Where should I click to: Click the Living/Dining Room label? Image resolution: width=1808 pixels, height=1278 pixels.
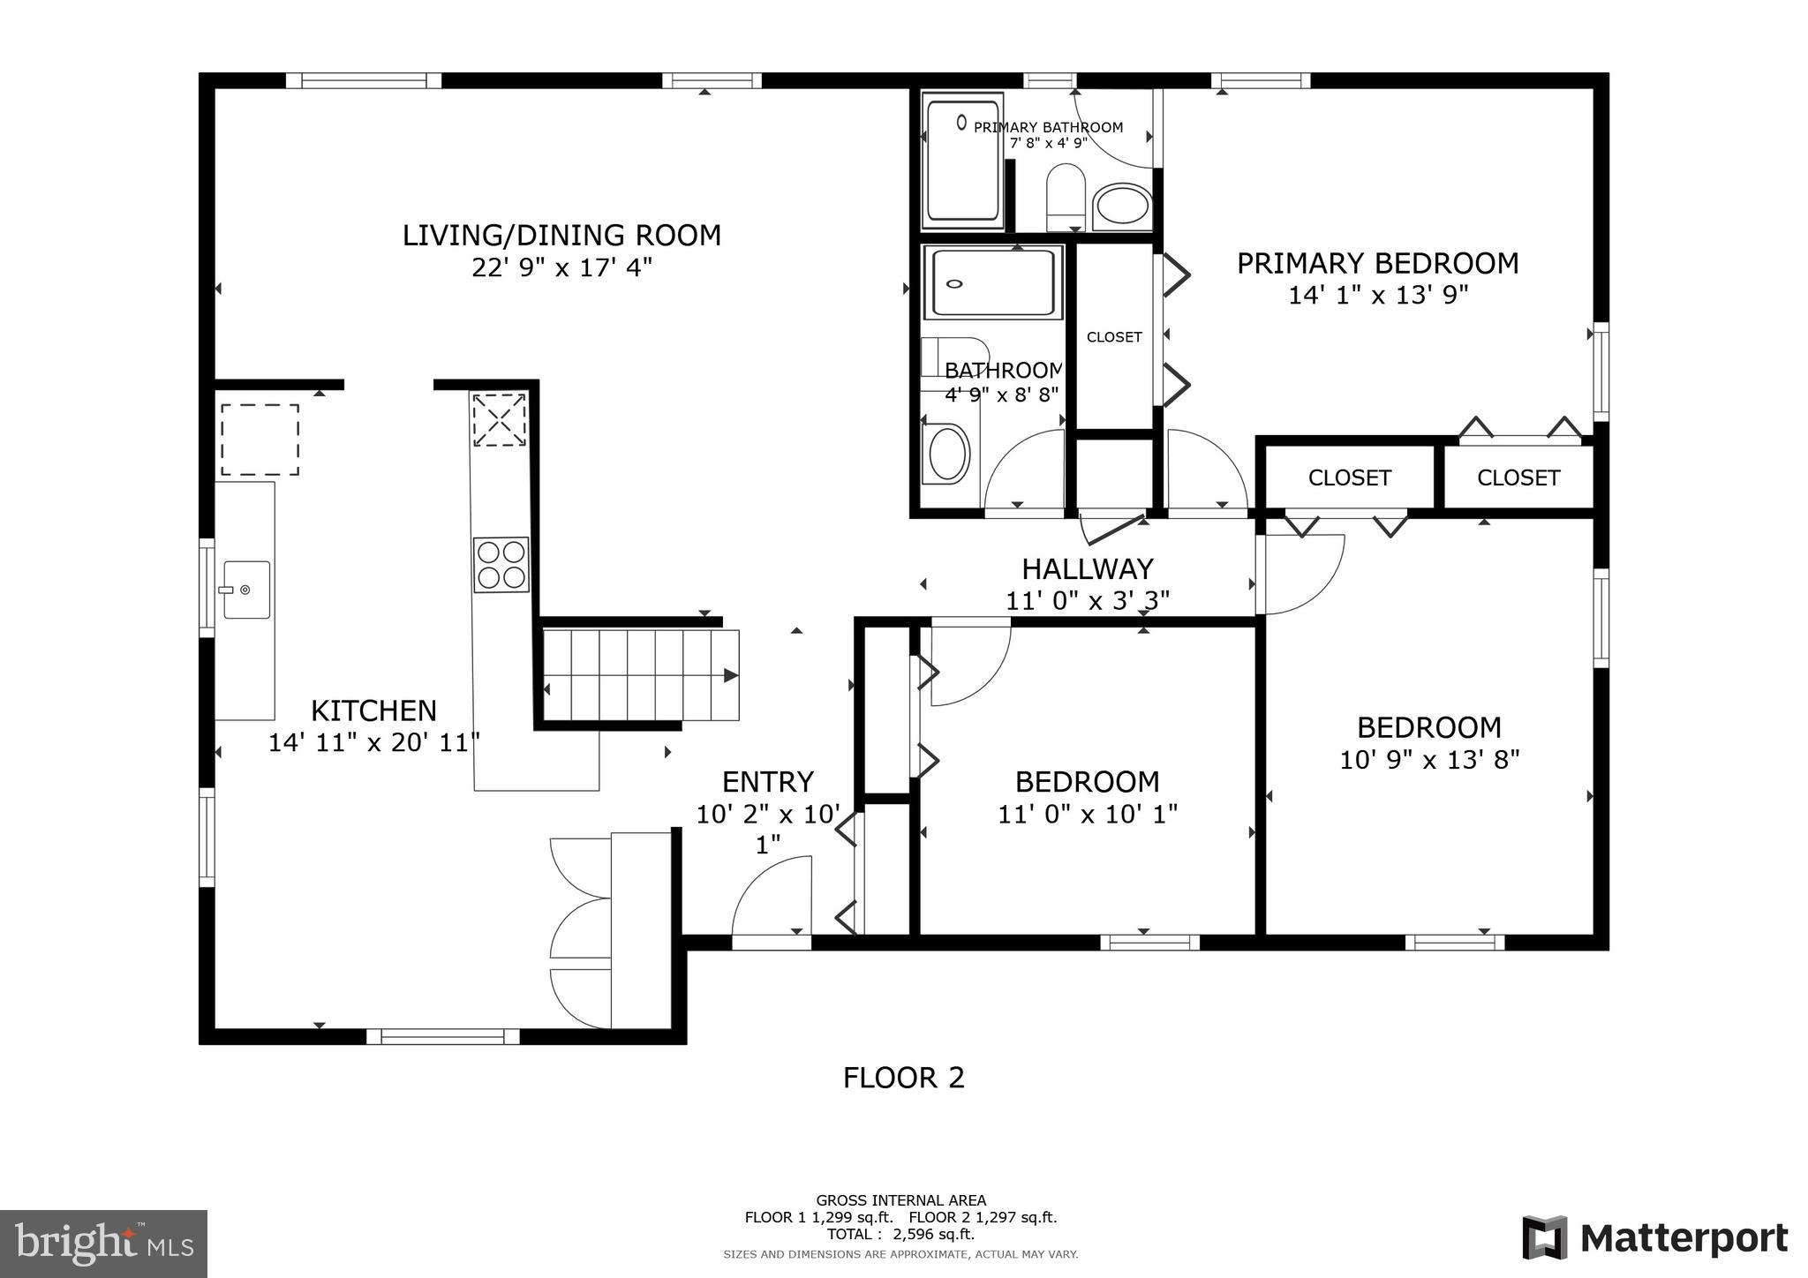[561, 236]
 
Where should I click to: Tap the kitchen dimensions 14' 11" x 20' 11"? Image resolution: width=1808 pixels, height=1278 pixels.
[373, 743]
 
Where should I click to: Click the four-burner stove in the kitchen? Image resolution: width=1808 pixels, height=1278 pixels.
[501, 565]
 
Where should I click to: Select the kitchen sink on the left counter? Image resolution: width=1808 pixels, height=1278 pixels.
[246, 589]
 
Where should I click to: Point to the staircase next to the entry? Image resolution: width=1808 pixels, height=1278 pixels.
[639, 675]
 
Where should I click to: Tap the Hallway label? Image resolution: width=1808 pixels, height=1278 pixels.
[1087, 568]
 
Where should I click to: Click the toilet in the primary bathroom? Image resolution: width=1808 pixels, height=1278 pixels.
[1066, 196]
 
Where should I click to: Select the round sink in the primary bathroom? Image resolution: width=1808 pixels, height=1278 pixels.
[1122, 207]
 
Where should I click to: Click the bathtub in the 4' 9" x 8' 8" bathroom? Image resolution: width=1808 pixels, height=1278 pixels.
[993, 283]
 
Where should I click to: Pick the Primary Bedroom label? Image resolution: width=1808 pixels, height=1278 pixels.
[1377, 263]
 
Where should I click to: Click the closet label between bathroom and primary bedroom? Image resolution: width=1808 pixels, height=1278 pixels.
[1114, 337]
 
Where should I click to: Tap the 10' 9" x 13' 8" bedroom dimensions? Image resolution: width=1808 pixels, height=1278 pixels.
[1429, 760]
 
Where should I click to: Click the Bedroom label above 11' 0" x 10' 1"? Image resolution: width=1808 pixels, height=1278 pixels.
[1087, 782]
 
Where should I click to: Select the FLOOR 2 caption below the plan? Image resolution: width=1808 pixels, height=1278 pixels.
[903, 1078]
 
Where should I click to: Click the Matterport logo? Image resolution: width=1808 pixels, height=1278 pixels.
[1654, 1238]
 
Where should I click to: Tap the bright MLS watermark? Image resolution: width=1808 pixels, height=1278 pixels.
[103, 1244]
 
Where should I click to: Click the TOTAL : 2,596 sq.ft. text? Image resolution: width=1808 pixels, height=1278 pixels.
[900, 1235]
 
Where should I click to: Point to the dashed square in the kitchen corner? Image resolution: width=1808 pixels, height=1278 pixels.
[260, 440]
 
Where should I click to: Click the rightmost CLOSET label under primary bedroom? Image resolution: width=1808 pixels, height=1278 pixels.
[1518, 477]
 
